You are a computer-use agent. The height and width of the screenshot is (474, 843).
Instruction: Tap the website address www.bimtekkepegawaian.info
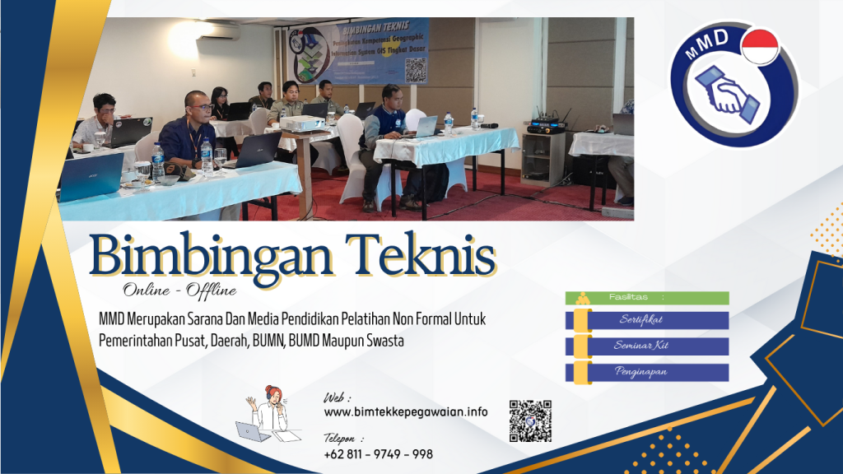pos(405,411)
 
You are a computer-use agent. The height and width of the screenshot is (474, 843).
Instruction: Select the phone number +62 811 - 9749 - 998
pos(378,454)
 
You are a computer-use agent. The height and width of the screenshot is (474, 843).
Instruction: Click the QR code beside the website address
pos(530,421)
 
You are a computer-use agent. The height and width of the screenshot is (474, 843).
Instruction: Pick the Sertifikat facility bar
pos(647,320)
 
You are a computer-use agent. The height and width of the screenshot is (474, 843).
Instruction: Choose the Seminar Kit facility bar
pos(647,346)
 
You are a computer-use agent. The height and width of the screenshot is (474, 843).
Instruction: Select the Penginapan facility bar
pos(647,372)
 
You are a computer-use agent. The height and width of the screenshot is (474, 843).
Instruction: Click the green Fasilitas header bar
pos(647,297)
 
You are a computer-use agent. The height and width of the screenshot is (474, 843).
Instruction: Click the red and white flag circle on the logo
pos(759,46)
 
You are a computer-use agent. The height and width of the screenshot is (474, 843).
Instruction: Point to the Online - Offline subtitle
pos(179,290)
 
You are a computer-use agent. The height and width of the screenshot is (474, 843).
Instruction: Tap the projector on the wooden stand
pos(302,123)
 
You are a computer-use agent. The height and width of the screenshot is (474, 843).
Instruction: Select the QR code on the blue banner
pos(415,70)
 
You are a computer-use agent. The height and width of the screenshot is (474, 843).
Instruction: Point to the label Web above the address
pos(338,397)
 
